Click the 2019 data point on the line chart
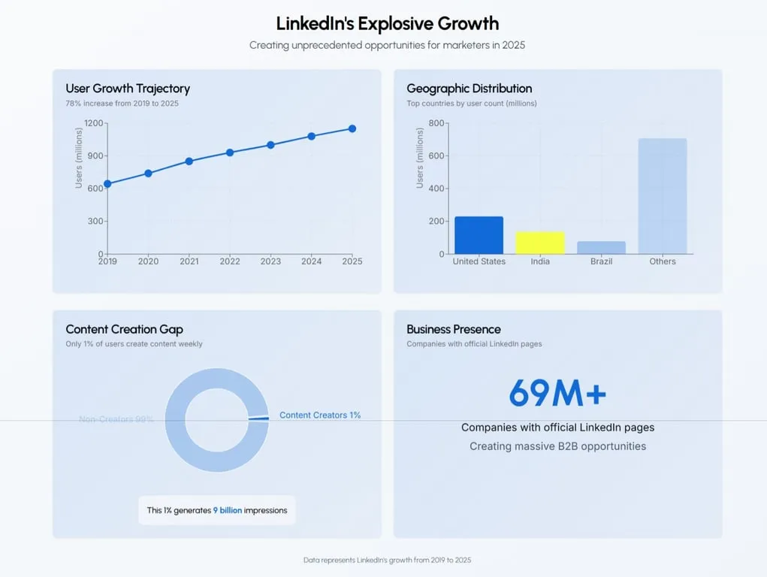coord(107,183)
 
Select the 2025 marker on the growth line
coord(352,128)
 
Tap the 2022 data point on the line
coord(230,153)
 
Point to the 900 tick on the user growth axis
coord(95,156)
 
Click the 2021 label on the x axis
coord(189,261)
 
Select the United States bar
coord(479,235)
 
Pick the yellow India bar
coord(539,243)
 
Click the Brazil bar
coord(601,247)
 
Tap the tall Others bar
coord(662,196)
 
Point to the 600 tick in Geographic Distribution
coord(436,156)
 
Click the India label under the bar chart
coord(539,261)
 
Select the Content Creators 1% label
coord(320,415)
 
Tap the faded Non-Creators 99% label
coord(116,419)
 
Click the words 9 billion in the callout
coord(228,510)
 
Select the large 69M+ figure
coord(557,393)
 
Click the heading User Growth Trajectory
coord(128,89)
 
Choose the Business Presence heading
coord(453,329)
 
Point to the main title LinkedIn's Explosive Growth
coord(387,24)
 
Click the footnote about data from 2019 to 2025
coord(387,560)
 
